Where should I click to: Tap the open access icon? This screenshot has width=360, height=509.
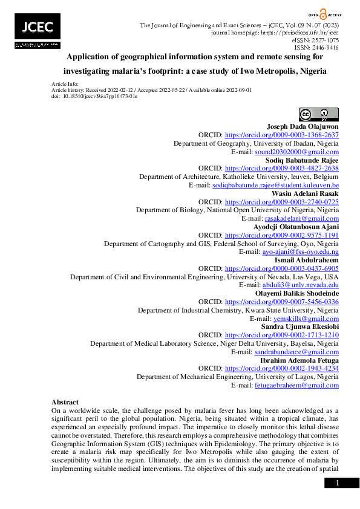tap(324, 13)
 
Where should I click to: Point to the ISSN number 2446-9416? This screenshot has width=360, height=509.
tap(326, 47)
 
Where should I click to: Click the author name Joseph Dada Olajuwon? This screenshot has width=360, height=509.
tap(303, 126)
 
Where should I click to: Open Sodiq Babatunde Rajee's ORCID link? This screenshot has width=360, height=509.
tap(281, 169)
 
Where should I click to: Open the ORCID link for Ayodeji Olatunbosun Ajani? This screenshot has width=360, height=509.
tap(281, 235)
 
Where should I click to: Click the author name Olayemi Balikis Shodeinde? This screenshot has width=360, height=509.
tap(296, 293)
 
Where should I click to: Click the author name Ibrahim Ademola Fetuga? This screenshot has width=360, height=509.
tap(299, 360)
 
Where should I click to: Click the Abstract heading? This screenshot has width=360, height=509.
tap(65, 402)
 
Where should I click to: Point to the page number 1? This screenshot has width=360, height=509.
tap(338, 482)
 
